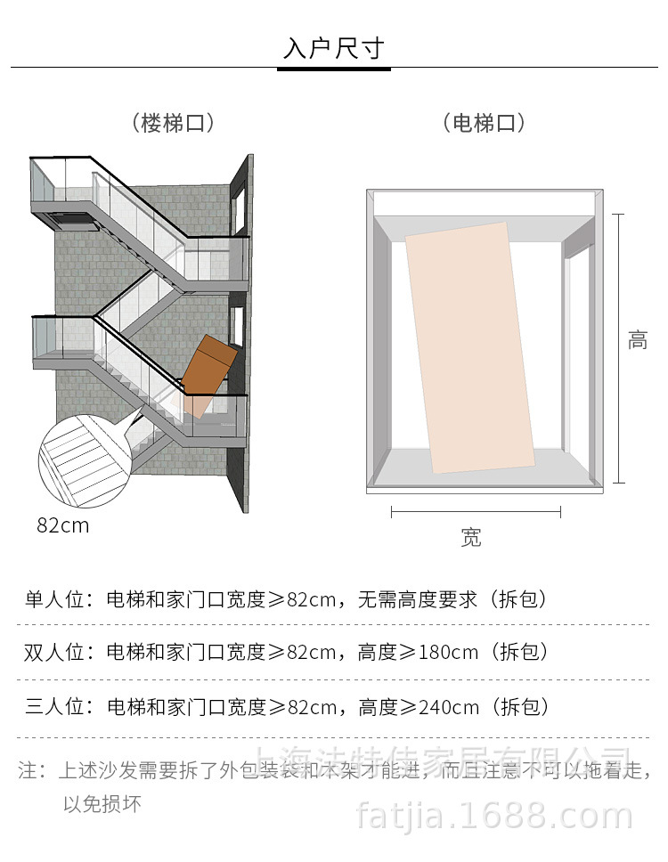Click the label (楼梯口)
point(173,123)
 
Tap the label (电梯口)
point(484,123)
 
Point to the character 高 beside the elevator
point(638,340)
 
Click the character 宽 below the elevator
point(471,537)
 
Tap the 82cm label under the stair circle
point(63,525)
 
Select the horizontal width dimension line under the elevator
point(476,511)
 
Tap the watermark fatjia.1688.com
point(494,816)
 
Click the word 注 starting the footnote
point(27,770)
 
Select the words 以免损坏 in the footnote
point(102,805)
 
